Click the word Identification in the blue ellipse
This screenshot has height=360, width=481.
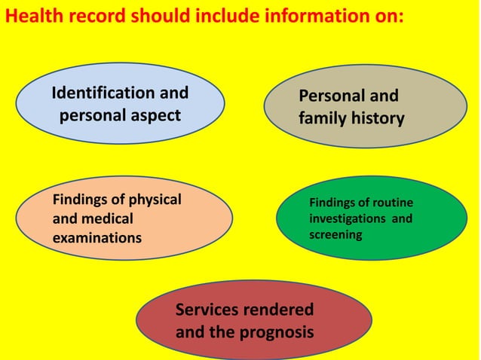coord(103,93)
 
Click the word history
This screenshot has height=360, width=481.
coord(378,118)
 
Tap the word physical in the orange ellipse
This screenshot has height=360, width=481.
coord(155,200)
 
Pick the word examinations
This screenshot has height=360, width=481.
coord(97,238)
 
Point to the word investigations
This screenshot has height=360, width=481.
coord(348,218)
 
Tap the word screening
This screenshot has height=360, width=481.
coord(335,235)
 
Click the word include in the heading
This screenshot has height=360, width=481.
coord(227,15)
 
